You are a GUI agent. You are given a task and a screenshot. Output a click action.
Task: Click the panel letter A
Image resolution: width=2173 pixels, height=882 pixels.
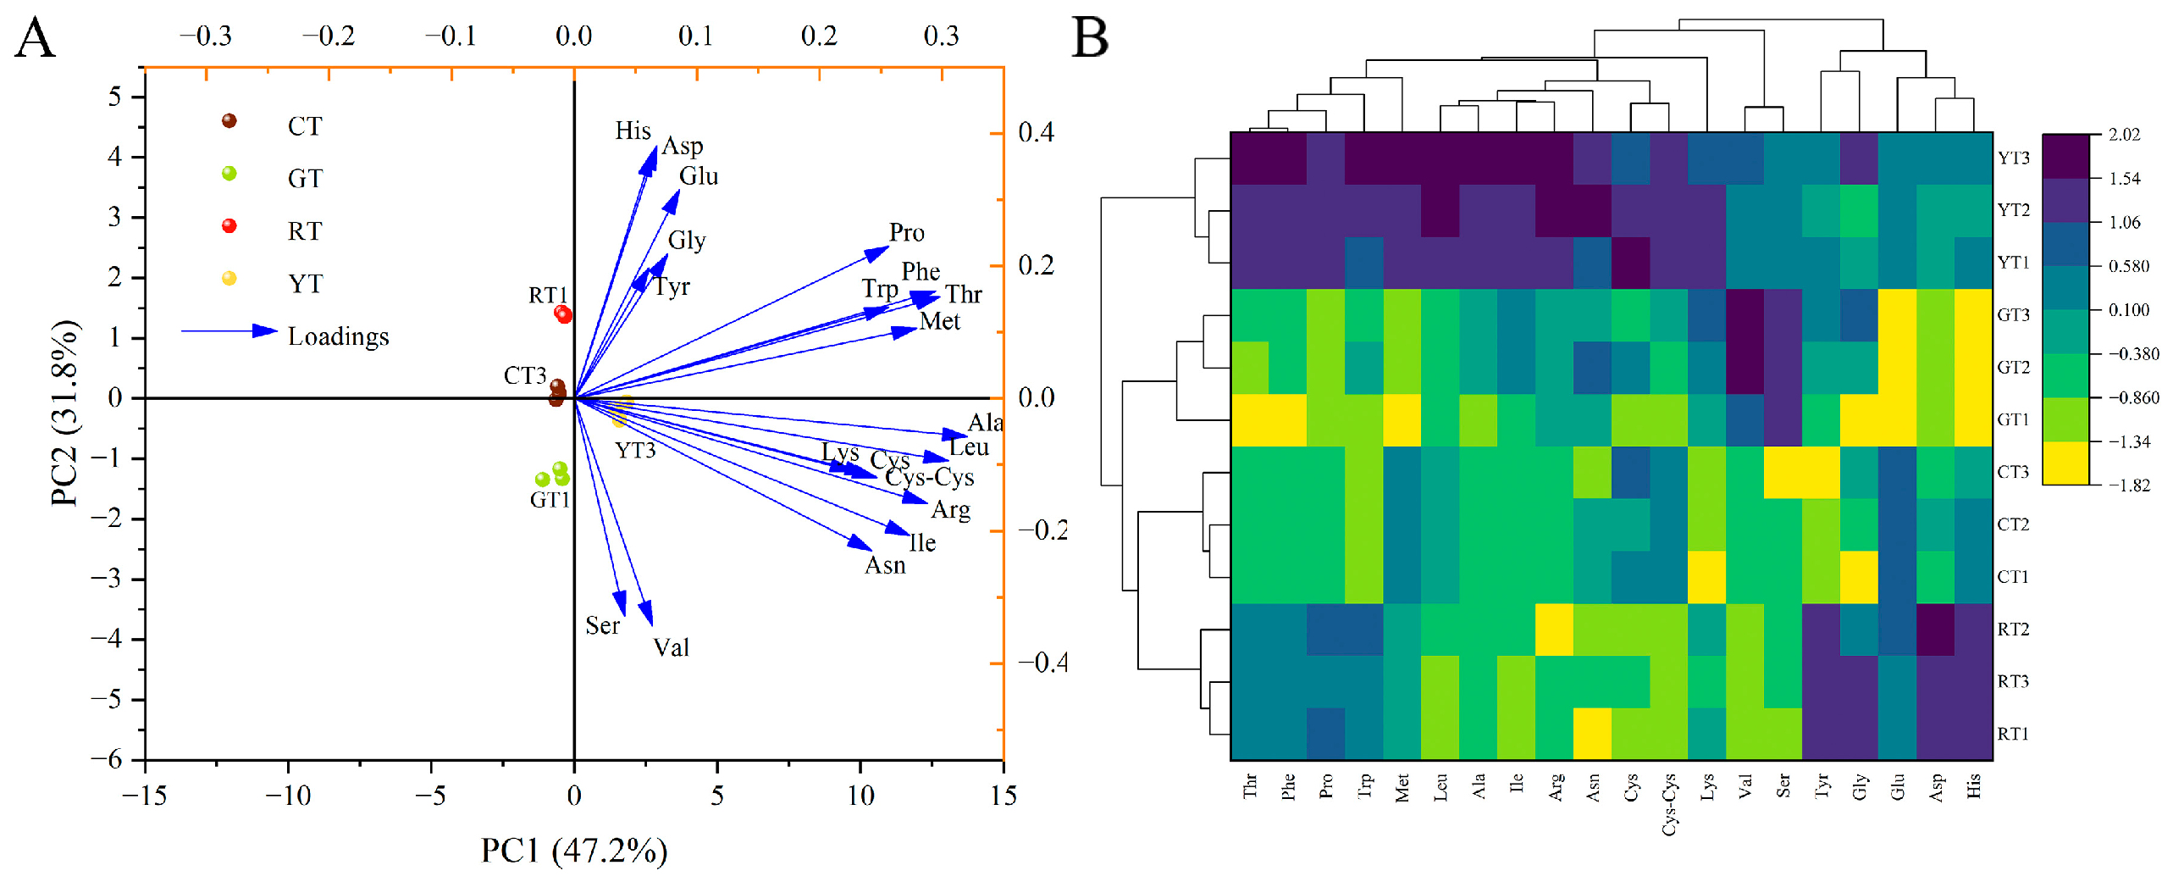(x=36, y=38)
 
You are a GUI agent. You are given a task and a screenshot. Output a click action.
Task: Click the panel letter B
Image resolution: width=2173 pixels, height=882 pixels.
(x=1090, y=38)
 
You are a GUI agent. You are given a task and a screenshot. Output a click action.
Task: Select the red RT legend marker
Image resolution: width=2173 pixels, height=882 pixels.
(x=229, y=226)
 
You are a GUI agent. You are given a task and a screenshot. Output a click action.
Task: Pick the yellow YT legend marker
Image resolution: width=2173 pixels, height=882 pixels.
(x=229, y=279)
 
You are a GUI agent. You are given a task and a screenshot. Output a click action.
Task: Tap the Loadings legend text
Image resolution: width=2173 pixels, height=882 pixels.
(x=338, y=336)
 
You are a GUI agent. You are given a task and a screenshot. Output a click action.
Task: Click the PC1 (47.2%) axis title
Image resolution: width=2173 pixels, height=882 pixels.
(x=574, y=850)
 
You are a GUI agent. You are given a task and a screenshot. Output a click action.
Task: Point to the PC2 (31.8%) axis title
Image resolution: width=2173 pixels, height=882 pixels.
(x=64, y=413)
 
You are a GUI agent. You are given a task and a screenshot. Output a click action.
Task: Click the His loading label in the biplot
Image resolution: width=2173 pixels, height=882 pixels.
(x=633, y=130)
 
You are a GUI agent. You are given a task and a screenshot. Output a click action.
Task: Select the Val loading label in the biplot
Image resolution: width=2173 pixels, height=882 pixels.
(x=671, y=647)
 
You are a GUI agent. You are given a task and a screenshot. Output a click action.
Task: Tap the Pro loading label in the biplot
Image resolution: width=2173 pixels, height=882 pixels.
(x=906, y=232)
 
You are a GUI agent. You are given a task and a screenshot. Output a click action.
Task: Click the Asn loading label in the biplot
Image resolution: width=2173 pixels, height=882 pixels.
(x=885, y=564)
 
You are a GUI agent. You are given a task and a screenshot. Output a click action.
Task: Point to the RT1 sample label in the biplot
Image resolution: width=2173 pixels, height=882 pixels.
(x=547, y=295)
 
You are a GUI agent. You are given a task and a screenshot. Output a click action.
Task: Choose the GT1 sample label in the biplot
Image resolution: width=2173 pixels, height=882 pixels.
(x=550, y=500)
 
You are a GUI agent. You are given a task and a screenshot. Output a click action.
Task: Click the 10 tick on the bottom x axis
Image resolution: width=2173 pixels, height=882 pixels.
(x=860, y=795)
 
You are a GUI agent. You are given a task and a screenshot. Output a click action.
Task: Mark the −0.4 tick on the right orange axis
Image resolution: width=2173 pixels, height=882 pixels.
(x=1041, y=663)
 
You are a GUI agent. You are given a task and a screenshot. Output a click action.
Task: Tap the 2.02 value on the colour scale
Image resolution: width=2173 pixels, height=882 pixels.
(x=2124, y=135)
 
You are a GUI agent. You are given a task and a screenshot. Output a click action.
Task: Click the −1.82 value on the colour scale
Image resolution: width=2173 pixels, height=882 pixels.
(x=2128, y=485)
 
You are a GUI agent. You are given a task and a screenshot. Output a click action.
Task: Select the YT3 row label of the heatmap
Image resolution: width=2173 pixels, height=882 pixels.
(x=2013, y=158)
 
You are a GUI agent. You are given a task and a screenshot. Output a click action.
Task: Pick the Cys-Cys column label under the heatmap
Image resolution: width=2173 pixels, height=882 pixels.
(x=1669, y=804)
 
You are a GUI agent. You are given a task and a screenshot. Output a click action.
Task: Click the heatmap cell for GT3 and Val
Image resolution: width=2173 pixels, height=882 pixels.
(x=1745, y=315)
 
